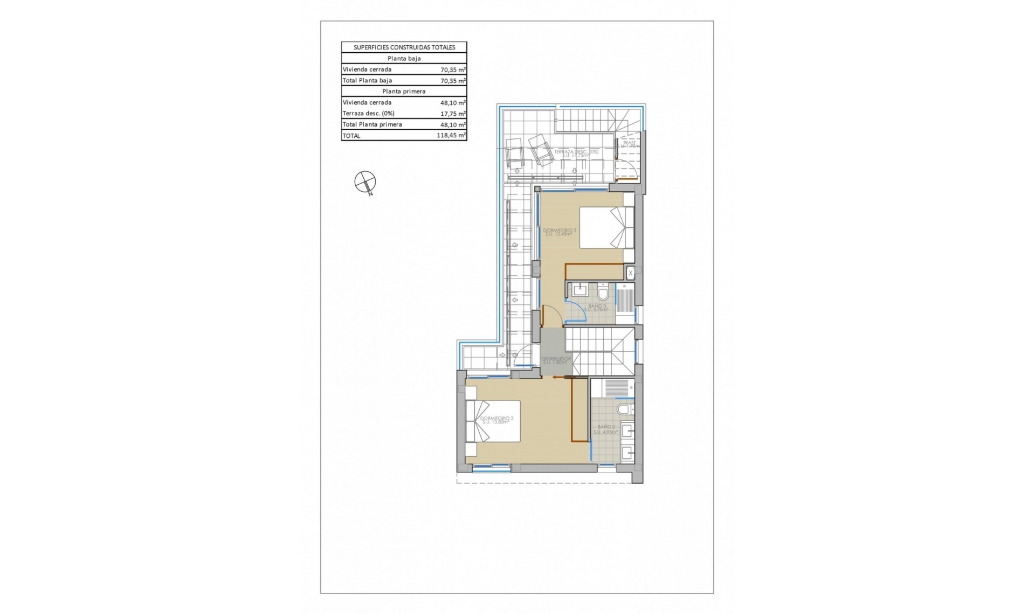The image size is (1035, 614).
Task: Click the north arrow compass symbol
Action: tap(365, 182)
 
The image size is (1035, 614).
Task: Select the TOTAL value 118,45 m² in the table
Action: tap(451, 136)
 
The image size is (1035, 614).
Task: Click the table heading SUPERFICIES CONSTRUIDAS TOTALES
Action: tap(404, 47)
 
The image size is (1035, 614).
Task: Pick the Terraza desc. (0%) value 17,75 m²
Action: tap(453, 114)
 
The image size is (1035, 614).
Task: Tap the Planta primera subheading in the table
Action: tap(404, 92)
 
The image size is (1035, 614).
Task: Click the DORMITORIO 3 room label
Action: tap(559, 232)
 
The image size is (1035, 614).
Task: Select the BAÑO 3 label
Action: tap(597, 308)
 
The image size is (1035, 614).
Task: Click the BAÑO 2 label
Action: tap(606, 429)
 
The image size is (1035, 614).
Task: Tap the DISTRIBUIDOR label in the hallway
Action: tap(556, 360)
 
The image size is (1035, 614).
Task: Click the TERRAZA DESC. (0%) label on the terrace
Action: tap(576, 153)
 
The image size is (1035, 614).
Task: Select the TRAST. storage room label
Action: tap(629, 144)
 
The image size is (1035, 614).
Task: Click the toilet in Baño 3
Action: tap(603, 294)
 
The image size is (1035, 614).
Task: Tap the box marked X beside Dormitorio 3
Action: tap(630, 273)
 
